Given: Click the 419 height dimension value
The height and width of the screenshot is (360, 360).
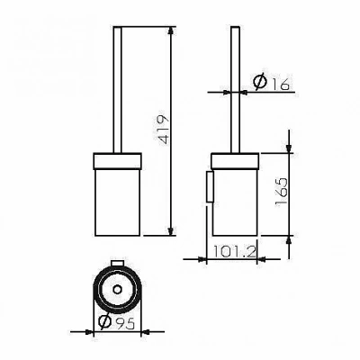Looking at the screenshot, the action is click(163, 130).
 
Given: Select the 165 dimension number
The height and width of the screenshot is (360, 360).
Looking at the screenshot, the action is click(281, 192).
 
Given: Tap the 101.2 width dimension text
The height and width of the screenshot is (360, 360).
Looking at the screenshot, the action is click(235, 252).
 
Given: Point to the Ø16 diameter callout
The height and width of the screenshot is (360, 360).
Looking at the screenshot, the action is click(271, 81).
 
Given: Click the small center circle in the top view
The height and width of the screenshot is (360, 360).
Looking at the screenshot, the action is click(117, 290).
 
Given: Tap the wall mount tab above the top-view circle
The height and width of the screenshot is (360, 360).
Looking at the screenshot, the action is click(117, 263).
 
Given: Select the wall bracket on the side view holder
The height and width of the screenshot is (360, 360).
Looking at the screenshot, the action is click(210, 186).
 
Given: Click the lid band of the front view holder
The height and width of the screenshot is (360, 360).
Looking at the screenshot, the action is click(118, 161).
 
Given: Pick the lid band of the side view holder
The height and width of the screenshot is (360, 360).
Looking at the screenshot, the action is click(235, 160).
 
